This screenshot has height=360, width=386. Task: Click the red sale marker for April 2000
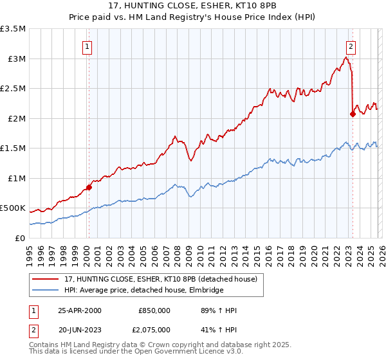click(89, 187)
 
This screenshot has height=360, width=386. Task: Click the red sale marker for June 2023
click(352, 114)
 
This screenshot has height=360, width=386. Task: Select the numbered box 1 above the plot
click(87, 46)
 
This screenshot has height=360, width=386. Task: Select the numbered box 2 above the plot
click(351, 46)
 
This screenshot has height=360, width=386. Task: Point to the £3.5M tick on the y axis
click(13, 30)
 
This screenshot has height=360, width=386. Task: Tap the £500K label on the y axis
click(13, 209)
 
